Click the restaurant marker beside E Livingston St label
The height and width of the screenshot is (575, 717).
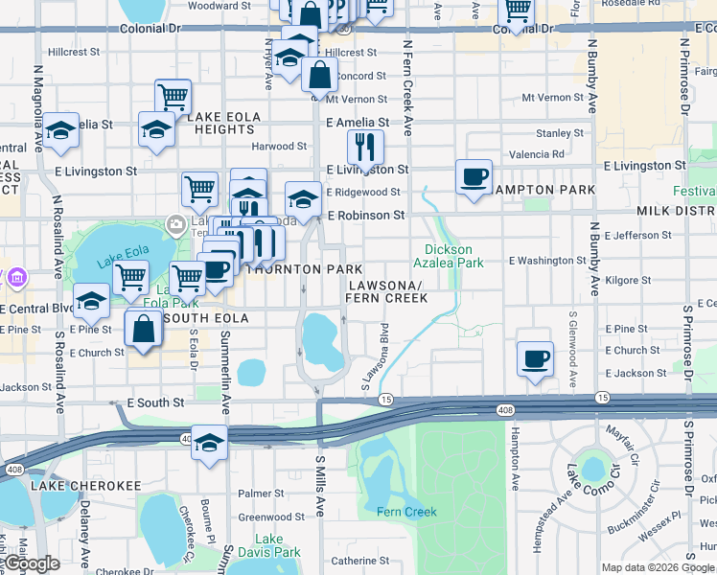pos(365,147)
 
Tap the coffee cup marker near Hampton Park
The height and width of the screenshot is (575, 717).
pos(474,176)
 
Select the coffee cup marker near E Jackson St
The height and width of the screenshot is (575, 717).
pos(535,358)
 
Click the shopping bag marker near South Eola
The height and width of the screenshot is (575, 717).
pos(143,329)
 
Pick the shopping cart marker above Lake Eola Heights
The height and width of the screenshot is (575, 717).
pos(173,96)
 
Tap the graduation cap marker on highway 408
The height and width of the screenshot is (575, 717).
pos(209,443)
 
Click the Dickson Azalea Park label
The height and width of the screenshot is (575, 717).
pos(449,256)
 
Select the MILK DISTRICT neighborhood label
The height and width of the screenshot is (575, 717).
pos(676,211)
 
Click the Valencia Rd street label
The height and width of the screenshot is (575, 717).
pos(537,153)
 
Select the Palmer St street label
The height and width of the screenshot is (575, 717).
pos(255,494)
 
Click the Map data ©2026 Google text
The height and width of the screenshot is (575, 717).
pos(658,567)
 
